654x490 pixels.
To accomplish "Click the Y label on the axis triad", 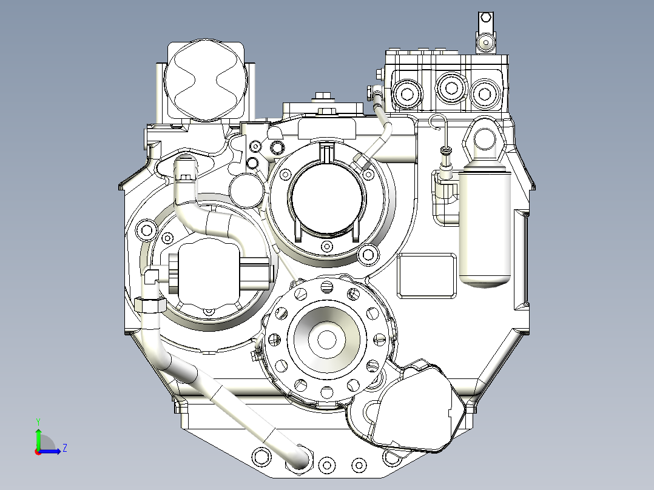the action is pos(38,421).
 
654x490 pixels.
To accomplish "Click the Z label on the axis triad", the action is pos(65,448).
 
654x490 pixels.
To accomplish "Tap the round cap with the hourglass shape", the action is pos(206,80).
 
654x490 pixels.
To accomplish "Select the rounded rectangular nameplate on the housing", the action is pos(426,276).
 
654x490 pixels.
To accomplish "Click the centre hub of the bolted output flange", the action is pos(326,340).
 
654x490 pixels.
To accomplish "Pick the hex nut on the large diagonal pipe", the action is pos(150,305).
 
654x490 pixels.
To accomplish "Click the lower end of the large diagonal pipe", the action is pos(300,458).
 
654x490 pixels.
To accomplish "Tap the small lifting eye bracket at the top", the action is pos(486,33).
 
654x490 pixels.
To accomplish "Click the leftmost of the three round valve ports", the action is pos(406,94).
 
